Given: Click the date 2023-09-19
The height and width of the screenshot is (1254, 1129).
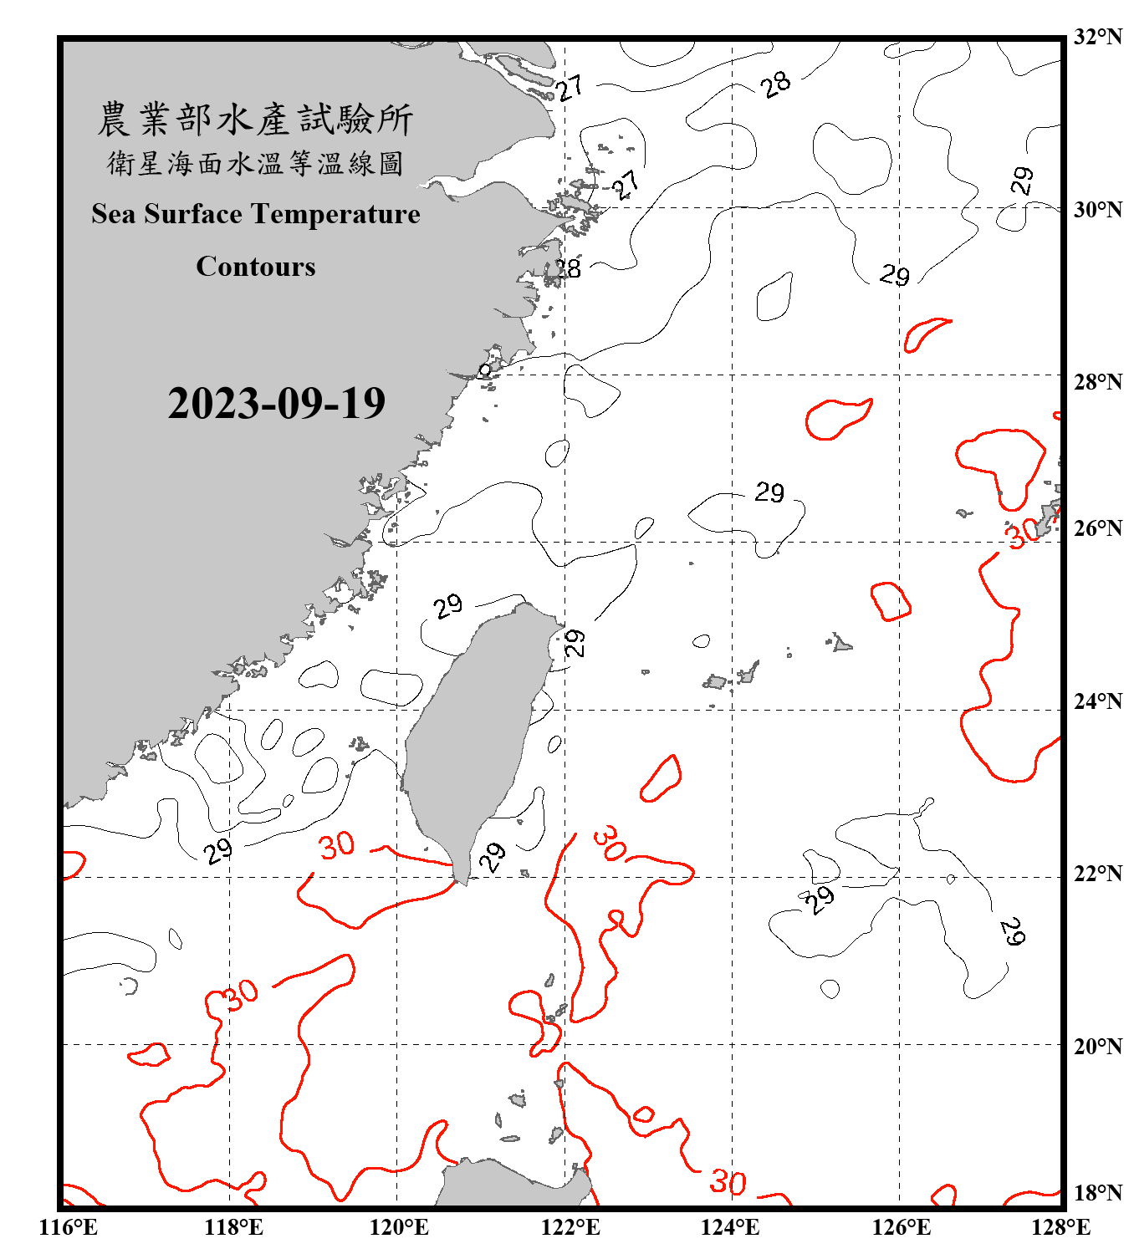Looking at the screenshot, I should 276,403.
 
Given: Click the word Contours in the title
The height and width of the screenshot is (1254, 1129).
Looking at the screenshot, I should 256,267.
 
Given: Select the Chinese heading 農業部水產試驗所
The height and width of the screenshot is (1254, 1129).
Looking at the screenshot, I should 255,119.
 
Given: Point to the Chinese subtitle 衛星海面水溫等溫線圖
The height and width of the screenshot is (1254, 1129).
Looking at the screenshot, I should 255,163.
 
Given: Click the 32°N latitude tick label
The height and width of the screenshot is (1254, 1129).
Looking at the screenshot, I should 1097,37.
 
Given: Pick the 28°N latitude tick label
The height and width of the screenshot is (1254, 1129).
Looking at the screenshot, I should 1097,382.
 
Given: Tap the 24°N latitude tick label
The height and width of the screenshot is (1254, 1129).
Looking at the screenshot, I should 1097,701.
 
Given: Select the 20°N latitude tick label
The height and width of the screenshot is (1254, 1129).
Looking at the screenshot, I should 1097,1046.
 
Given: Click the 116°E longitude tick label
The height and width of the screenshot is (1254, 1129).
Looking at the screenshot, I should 68,1227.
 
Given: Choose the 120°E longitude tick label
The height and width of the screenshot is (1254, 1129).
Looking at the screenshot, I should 399,1227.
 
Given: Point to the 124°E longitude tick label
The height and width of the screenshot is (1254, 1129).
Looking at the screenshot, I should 730,1227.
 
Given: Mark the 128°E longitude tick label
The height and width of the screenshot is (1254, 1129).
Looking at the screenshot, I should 1061,1227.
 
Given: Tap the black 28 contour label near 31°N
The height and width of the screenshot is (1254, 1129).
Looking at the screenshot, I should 776,84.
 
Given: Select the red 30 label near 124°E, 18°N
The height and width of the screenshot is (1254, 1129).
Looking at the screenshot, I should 728,1182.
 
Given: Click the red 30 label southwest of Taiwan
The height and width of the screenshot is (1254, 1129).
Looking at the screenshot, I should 337,846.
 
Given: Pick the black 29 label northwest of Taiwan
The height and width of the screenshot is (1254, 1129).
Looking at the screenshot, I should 448,605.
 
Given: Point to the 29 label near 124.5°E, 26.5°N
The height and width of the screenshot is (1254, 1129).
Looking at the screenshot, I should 769,492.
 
